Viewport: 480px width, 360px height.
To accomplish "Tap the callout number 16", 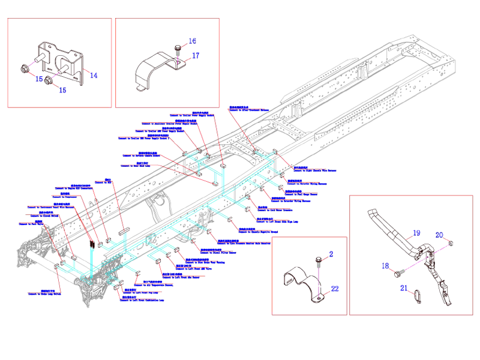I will [x=192, y=41].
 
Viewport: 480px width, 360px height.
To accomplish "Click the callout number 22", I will [x=334, y=289].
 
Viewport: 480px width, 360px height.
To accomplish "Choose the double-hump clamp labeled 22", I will [x=300, y=285].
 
